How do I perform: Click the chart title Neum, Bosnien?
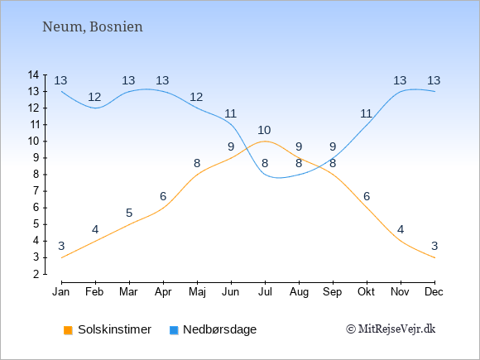pyautogui.click(x=93, y=27)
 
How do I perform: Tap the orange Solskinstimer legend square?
pyautogui.click(x=68, y=330)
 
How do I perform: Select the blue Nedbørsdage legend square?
pyautogui.click(x=174, y=330)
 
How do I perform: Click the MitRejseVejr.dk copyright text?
pyautogui.click(x=391, y=329)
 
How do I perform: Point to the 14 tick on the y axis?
pyautogui.click(x=33, y=74)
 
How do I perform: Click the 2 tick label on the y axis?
pyautogui.click(x=36, y=274)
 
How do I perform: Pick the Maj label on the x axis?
pyautogui.click(x=197, y=292)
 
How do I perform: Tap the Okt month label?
pyautogui.click(x=366, y=292)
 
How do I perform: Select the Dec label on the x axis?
pyautogui.click(x=434, y=292)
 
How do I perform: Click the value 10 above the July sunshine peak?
pyautogui.click(x=264, y=131)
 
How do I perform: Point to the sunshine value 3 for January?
pyautogui.click(x=61, y=246)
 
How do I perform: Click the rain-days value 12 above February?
pyautogui.click(x=94, y=98)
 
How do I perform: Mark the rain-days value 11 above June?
pyautogui.click(x=231, y=114)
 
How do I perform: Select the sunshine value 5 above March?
pyautogui.click(x=129, y=213)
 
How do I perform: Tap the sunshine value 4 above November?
pyautogui.click(x=401, y=229)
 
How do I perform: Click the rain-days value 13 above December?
pyautogui.click(x=434, y=80)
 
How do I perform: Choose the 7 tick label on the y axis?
pyautogui.click(x=36, y=191)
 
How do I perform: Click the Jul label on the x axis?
pyautogui.click(x=265, y=292)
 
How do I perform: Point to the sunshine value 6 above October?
pyautogui.click(x=367, y=196)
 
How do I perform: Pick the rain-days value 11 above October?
pyautogui.click(x=366, y=114)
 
